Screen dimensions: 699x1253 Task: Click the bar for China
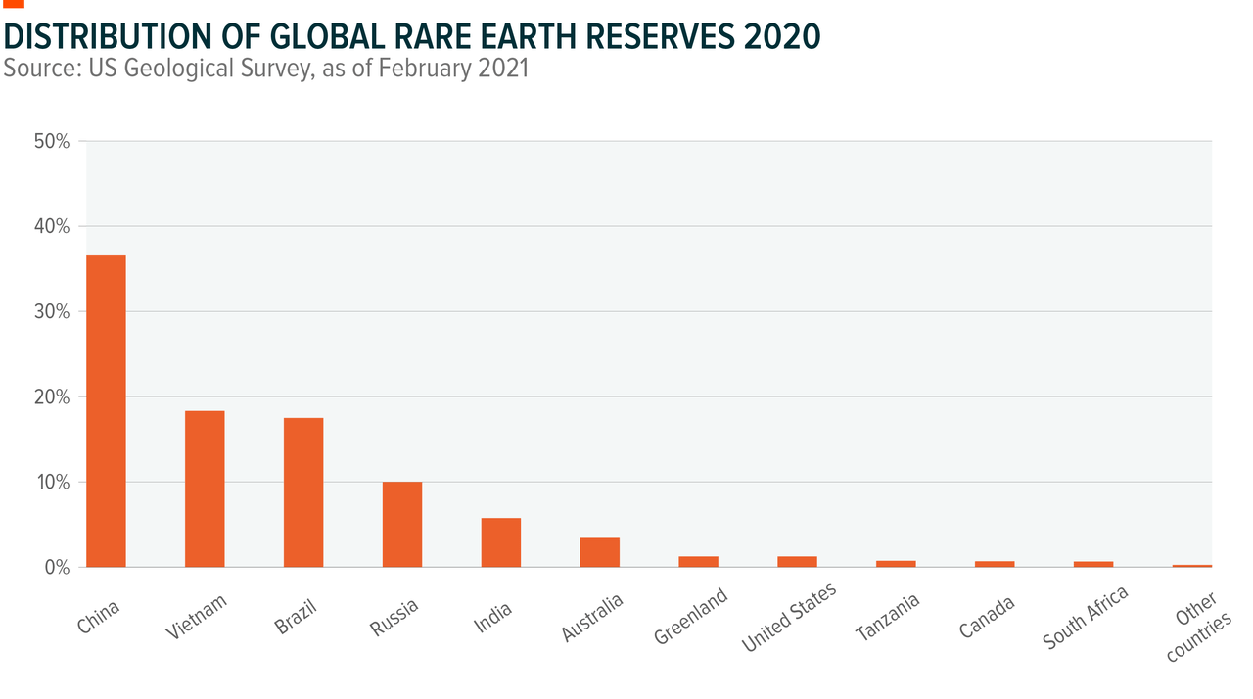click(x=106, y=410)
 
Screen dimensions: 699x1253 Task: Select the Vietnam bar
click(x=205, y=489)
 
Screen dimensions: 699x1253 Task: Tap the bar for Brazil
click(x=303, y=492)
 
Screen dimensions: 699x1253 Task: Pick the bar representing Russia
click(x=401, y=524)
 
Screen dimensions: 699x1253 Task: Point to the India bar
click(x=500, y=542)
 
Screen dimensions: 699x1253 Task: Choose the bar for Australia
click(x=599, y=552)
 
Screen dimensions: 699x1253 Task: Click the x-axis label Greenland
click(x=692, y=616)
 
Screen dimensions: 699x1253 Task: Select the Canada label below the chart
click(x=987, y=614)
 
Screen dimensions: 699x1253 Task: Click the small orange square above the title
click(x=14, y=3)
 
